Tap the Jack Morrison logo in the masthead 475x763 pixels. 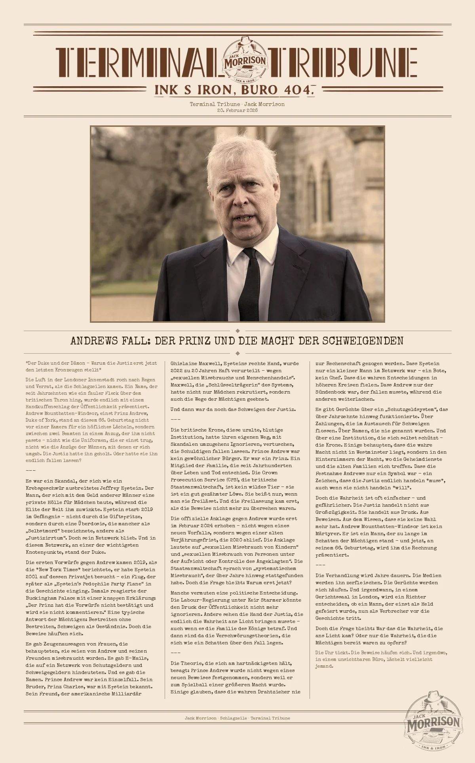point(245,60)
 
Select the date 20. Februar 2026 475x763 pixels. point(237,110)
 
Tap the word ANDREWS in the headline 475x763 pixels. point(94,341)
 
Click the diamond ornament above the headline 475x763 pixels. point(237,331)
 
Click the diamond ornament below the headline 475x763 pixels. point(237,353)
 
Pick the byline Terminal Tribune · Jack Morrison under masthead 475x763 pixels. point(237,104)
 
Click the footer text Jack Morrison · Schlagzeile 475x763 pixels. point(216,718)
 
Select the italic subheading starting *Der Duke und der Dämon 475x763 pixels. point(91,366)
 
